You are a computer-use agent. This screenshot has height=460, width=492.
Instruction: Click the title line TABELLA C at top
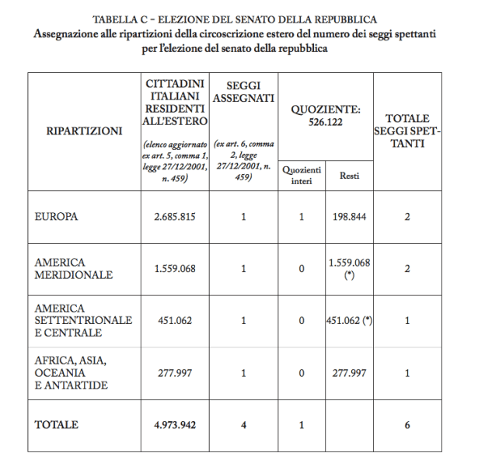click(x=245, y=18)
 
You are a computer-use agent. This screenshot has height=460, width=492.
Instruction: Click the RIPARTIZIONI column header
click(x=79, y=131)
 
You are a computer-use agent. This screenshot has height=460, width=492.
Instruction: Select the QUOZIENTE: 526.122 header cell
click(x=326, y=116)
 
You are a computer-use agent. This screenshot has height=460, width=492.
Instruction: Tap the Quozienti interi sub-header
click(x=302, y=176)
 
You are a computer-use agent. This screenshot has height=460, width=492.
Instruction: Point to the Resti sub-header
click(x=349, y=176)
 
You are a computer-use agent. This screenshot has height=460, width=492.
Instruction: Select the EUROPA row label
click(x=57, y=216)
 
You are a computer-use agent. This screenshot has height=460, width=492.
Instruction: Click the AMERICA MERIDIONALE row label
click(x=74, y=268)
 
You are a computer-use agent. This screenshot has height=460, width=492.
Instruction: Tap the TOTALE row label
click(x=57, y=424)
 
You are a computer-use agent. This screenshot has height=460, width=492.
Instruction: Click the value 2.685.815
click(x=174, y=217)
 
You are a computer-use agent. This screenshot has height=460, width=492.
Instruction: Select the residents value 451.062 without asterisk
click(x=174, y=320)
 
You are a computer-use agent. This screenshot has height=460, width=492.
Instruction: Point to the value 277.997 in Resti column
click(x=349, y=372)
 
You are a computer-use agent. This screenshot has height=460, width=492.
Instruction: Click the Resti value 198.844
click(x=349, y=217)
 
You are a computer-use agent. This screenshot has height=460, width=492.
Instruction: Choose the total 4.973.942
click(x=174, y=425)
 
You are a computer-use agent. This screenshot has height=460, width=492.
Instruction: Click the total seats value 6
click(x=407, y=425)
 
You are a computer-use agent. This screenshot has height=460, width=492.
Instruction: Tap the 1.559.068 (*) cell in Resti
click(x=349, y=269)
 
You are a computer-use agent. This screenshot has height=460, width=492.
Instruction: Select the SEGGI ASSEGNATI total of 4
click(x=243, y=425)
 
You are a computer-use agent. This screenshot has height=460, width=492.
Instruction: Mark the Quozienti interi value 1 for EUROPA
click(x=302, y=217)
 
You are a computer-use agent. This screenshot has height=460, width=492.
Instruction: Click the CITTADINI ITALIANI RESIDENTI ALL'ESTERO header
click(x=174, y=103)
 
